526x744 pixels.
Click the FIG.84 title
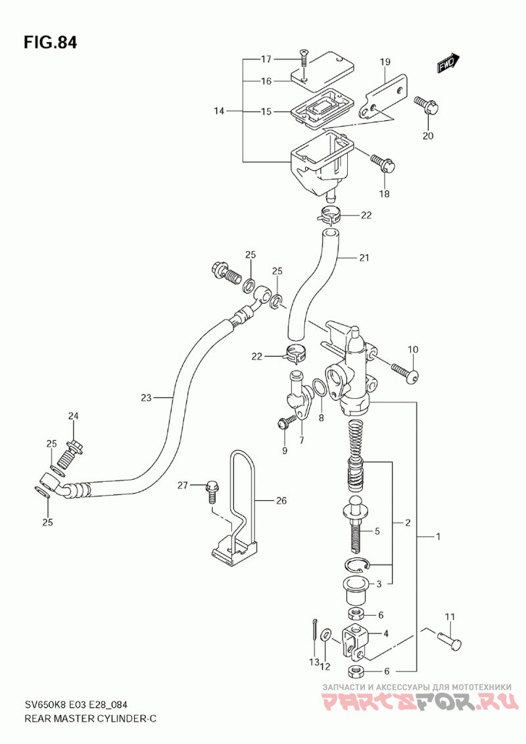click(50, 42)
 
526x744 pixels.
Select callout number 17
click(266, 59)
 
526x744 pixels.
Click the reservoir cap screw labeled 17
click(304, 60)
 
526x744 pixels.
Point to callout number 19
click(385, 62)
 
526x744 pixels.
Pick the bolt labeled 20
click(427, 106)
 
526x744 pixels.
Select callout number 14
click(219, 111)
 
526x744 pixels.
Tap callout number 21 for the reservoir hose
click(364, 258)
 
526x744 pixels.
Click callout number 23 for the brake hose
click(146, 398)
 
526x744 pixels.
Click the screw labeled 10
click(405, 373)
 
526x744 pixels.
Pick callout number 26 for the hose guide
click(281, 501)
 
